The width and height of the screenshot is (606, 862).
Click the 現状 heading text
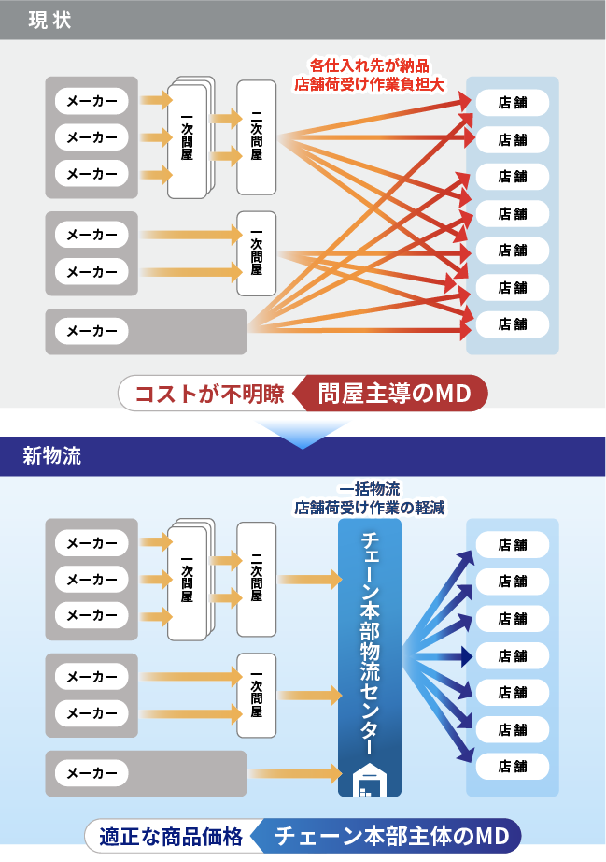click(x=49, y=21)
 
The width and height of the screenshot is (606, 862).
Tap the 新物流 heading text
click(x=51, y=455)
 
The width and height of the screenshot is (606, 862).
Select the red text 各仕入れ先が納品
click(x=370, y=66)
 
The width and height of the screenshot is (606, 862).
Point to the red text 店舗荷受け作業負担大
click(x=369, y=84)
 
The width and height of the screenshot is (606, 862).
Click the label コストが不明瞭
click(x=210, y=394)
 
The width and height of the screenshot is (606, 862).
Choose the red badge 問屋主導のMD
click(x=391, y=393)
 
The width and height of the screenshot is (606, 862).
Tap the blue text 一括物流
click(x=370, y=489)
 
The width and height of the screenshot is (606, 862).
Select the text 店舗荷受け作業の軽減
click(x=370, y=508)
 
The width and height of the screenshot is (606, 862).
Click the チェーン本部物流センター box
click(x=370, y=657)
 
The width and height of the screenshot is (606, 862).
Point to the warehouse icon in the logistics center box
click(x=370, y=780)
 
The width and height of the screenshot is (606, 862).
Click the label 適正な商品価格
click(x=171, y=836)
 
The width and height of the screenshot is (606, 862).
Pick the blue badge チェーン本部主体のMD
click(x=387, y=836)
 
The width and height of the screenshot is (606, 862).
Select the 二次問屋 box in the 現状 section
click(x=257, y=136)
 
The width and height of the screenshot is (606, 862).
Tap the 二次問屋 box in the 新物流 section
click(x=257, y=579)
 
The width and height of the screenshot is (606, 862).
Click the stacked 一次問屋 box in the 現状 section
click(x=190, y=137)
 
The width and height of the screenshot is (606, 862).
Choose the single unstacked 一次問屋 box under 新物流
click(x=257, y=696)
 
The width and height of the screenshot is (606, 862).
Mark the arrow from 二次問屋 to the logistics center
click(x=310, y=579)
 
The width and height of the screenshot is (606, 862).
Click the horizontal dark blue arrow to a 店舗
click(x=438, y=655)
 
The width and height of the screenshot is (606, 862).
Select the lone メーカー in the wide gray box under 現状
click(x=92, y=331)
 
